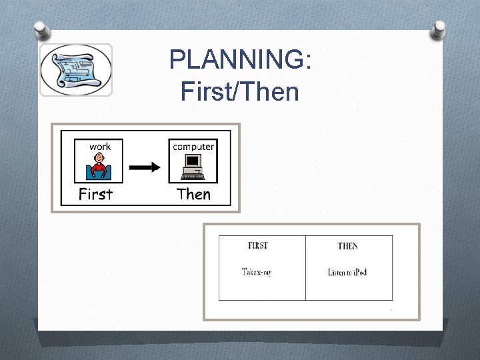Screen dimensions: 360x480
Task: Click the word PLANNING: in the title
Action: (x=240, y=61)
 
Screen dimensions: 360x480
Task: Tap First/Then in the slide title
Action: (x=240, y=91)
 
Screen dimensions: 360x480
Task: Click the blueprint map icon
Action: (x=75, y=70)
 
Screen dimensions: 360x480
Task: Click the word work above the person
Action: (x=100, y=146)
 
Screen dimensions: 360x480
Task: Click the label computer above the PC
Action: (x=193, y=146)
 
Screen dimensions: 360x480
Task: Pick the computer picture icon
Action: (x=194, y=167)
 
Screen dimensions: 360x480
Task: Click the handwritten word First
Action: (x=96, y=194)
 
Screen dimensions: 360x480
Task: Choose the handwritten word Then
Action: (x=193, y=194)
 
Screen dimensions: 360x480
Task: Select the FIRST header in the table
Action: (x=257, y=246)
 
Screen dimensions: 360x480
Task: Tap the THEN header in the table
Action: (x=347, y=246)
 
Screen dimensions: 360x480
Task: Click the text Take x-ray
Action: (x=257, y=271)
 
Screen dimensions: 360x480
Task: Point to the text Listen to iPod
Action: (x=347, y=271)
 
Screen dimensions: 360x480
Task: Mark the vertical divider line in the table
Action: (x=305, y=267)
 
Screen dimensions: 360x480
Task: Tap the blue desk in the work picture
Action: (x=100, y=175)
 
